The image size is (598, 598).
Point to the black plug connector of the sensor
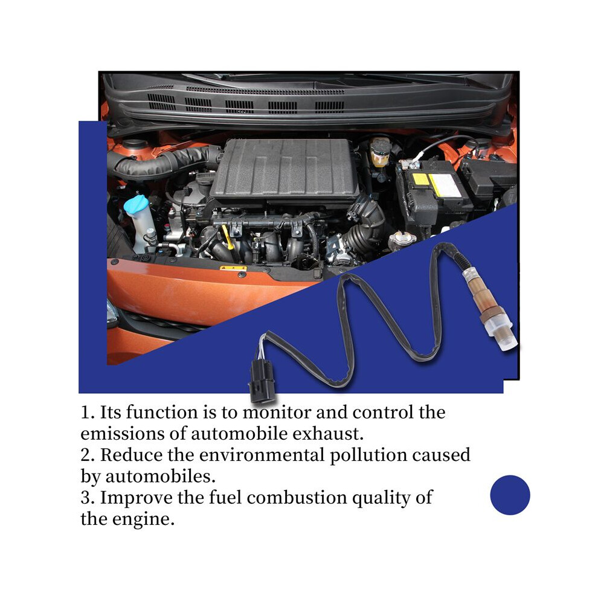pos(261,381)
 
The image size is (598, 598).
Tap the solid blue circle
pos(510,495)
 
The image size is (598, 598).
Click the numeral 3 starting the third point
pos(85,498)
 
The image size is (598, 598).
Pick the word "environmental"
pos(261,455)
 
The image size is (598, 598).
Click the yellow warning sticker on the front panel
pos(233,268)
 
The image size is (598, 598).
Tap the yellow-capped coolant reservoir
pos(379,153)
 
